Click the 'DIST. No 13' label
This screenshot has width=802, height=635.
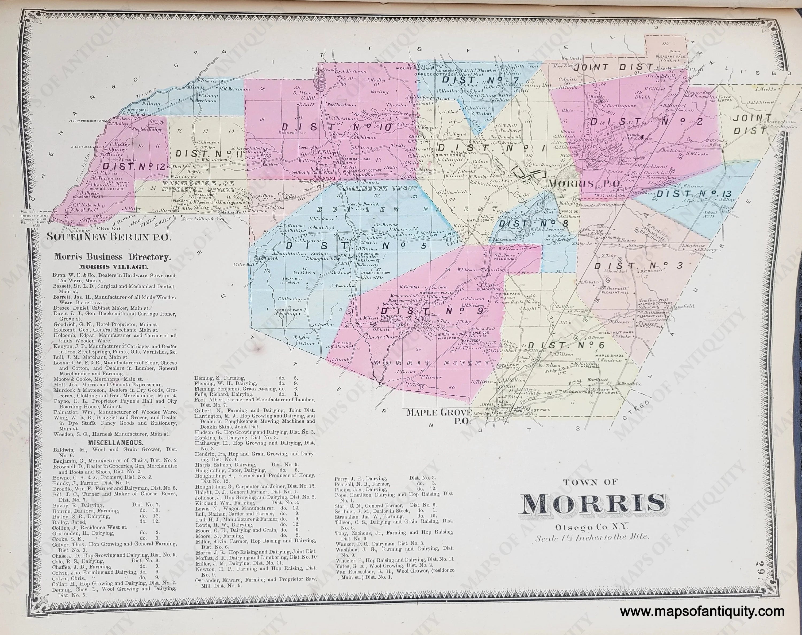click(x=694, y=194)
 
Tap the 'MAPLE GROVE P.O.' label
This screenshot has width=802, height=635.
click(x=439, y=415)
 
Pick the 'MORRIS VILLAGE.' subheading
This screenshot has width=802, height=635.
click(x=113, y=267)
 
